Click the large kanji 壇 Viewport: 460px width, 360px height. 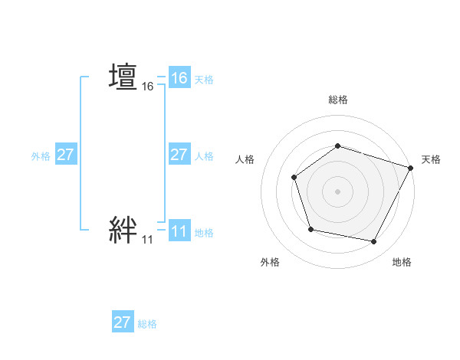(123, 77)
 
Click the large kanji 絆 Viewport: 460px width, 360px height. (123, 229)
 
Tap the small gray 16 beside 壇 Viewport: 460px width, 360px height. (148, 87)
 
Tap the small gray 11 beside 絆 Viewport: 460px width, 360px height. (147, 240)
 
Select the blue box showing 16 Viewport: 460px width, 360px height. (179, 78)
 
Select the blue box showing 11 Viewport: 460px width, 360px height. (179, 231)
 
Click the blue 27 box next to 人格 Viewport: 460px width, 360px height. (179, 155)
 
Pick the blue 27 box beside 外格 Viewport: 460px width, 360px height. (66, 155)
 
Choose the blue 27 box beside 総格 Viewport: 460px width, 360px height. (123, 322)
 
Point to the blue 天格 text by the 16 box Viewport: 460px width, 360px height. (204, 80)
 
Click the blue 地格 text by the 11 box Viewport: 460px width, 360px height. (204, 232)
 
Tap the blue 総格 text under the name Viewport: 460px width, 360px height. (147, 324)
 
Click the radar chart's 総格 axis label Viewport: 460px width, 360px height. (337, 100)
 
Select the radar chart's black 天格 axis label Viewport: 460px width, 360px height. (431, 159)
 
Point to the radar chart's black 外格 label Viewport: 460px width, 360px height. (270, 262)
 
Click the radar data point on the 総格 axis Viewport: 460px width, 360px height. (337, 146)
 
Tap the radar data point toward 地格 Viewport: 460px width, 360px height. (374, 242)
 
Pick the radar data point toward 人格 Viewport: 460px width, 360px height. (294, 178)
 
